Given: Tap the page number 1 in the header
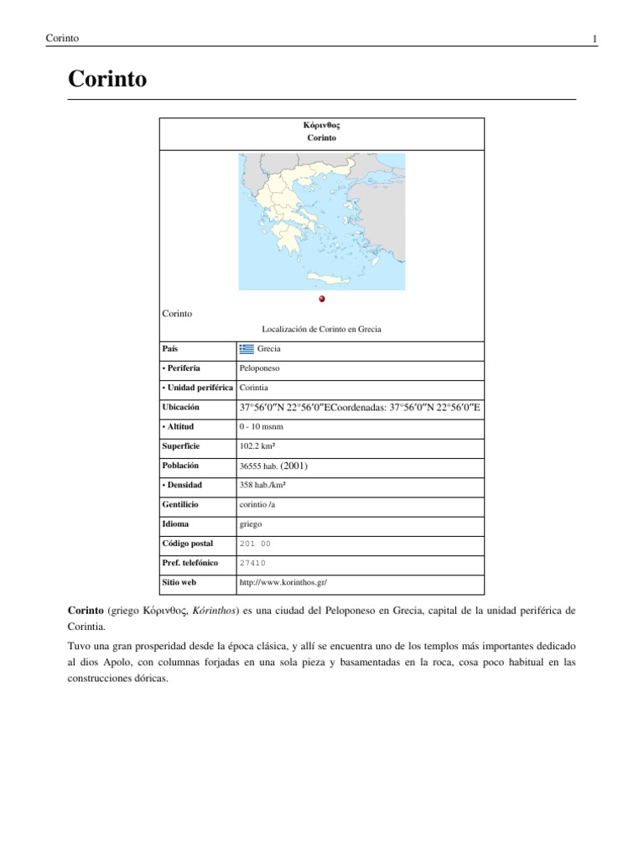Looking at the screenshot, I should [594, 39].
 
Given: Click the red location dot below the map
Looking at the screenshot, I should [322, 299].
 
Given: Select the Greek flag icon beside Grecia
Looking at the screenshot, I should [247, 348].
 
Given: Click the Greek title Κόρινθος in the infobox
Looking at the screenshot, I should [321, 125].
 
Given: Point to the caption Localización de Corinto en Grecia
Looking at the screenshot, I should [321, 330].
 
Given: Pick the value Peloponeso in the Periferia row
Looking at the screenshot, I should [259, 368].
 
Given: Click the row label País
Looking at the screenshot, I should [170, 348].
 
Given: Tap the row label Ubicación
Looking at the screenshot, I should [181, 408].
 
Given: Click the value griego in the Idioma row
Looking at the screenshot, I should [251, 524].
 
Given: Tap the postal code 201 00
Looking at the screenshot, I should [255, 544].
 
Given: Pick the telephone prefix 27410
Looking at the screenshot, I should [252, 563].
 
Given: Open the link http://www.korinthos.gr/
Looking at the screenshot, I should [283, 581].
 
